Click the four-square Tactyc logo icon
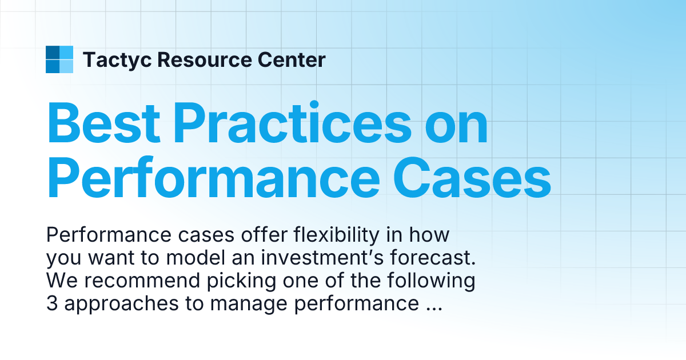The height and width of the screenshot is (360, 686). tap(59, 59)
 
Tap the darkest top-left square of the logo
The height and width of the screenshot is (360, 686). tap(53, 53)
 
